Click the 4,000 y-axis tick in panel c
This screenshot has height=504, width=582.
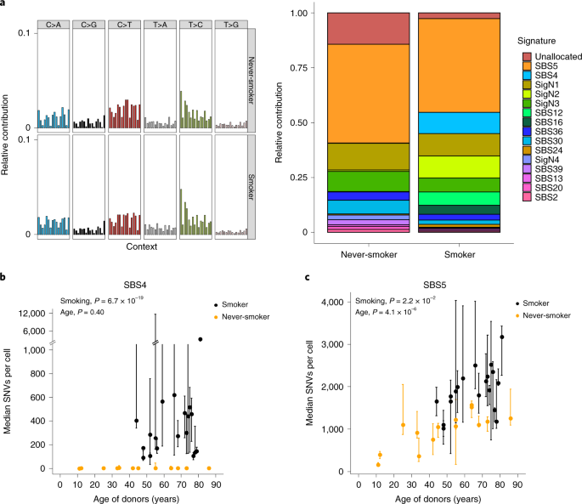(336, 302)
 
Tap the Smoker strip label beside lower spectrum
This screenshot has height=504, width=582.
(251, 183)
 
